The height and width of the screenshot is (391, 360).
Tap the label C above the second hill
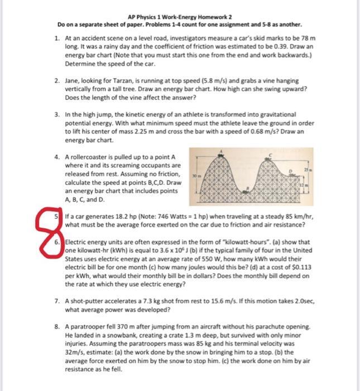(271, 155)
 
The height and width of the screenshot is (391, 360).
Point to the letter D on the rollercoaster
(290, 171)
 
